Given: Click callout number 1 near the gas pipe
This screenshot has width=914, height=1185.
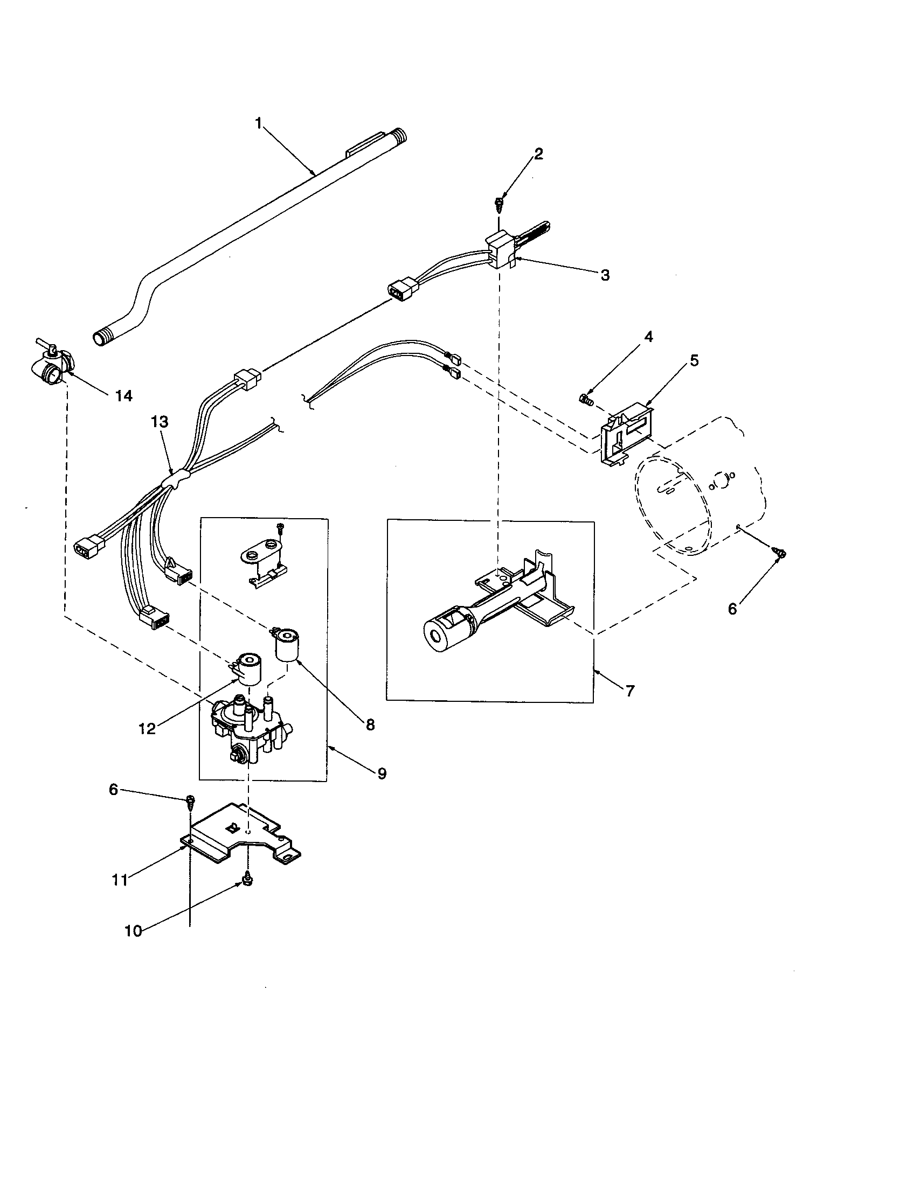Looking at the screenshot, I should click(259, 124).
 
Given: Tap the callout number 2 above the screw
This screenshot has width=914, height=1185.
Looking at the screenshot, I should click(538, 154).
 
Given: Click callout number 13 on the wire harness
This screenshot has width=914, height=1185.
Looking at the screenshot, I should click(160, 422).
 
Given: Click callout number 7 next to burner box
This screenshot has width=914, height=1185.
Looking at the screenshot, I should click(629, 691).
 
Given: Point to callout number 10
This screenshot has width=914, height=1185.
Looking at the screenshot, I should click(133, 931).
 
